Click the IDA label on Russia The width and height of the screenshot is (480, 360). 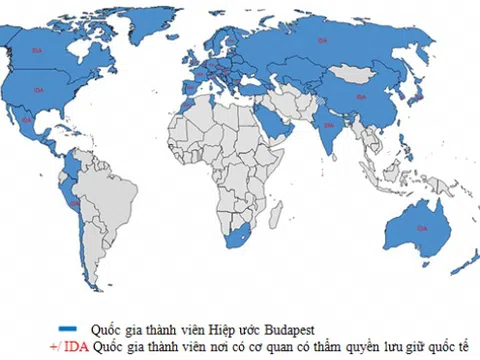(x=322, y=39)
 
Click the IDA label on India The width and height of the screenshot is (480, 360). (x=328, y=126)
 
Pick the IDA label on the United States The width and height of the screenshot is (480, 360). (x=39, y=90)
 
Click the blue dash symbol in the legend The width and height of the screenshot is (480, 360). (x=69, y=326)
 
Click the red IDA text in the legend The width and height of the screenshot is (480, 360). (x=62, y=345)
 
